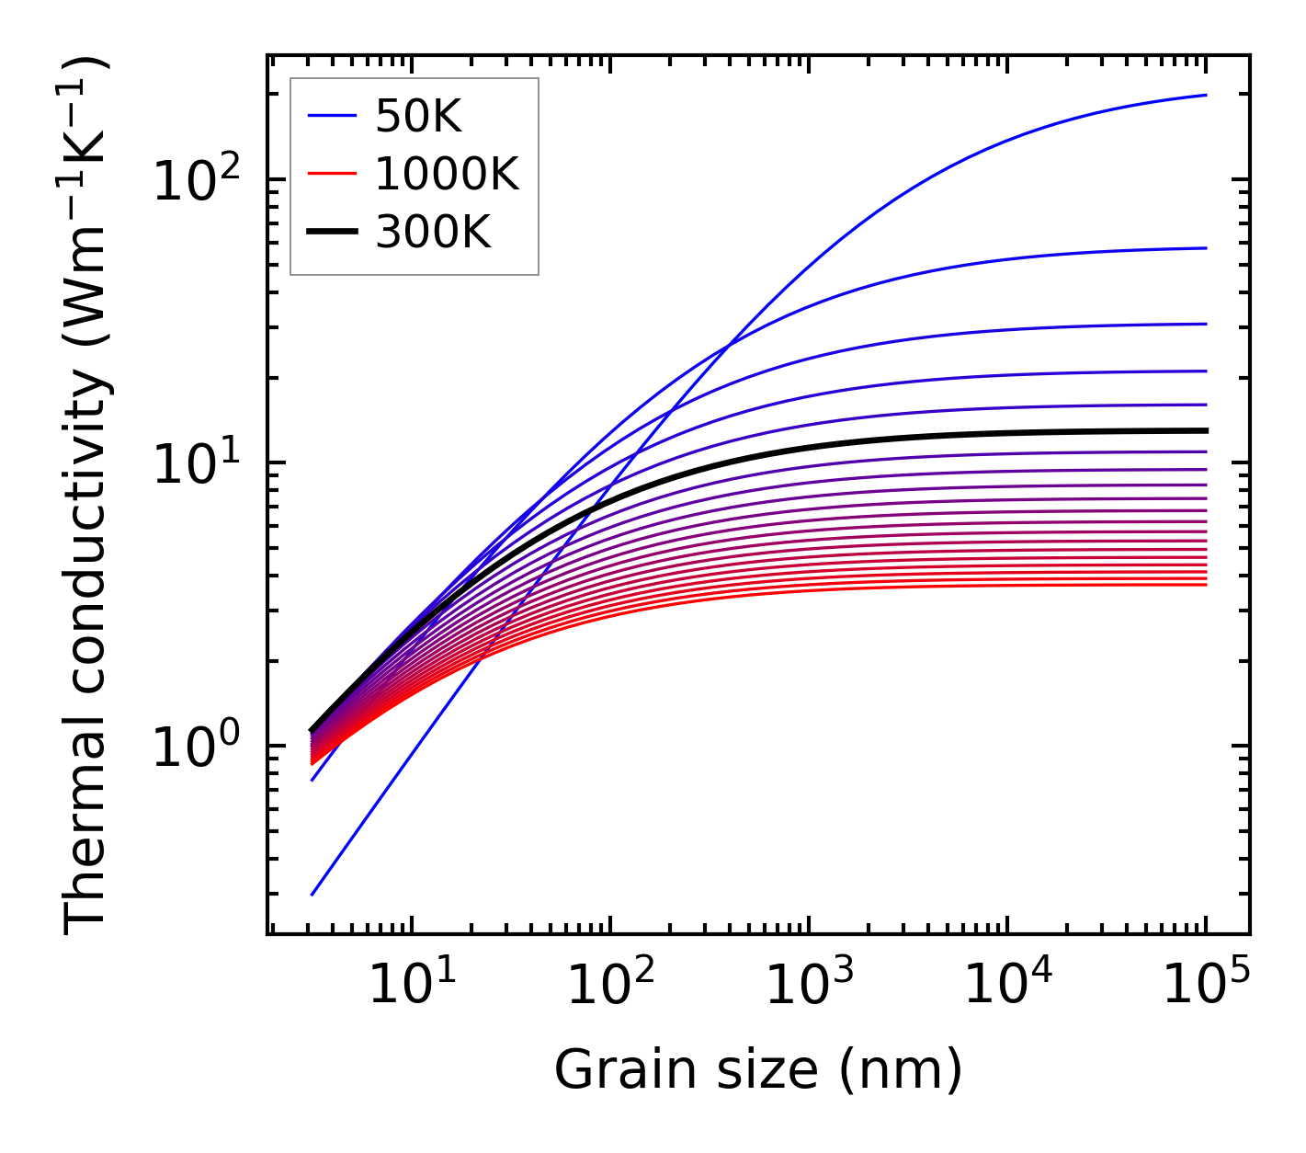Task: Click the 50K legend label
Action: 417,116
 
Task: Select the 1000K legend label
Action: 447,174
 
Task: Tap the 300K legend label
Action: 433,233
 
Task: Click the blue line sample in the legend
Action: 331,116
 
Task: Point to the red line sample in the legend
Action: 331,174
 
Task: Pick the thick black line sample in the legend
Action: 331,233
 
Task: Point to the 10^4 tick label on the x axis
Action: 1007,986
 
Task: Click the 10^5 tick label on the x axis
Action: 1206,986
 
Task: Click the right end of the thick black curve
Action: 1204,430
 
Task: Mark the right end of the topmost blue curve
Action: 1204,96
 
